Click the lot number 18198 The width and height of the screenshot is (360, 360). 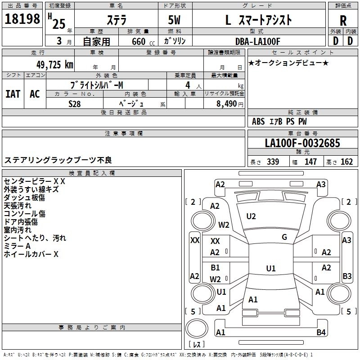pyautogui.click(x=22, y=19)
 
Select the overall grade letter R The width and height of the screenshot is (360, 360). pyautogui.click(x=343, y=20)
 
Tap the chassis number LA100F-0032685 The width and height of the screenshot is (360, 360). pyautogui.click(x=302, y=143)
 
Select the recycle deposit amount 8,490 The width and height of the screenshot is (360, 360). pyautogui.click(x=224, y=103)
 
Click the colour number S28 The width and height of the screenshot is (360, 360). pyautogui.click(x=75, y=103)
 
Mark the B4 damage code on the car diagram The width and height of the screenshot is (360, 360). pyautogui.click(x=320, y=333)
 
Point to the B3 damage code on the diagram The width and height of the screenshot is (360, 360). pyautogui.click(x=347, y=276)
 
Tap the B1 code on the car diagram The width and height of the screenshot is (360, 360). pyautogui.click(x=216, y=267)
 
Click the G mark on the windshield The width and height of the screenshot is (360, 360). pyautogui.click(x=284, y=237)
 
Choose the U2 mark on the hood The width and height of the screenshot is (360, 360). pyautogui.click(x=251, y=216)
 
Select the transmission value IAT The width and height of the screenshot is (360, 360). pyautogui.click(x=13, y=94)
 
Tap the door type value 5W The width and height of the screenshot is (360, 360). pyautogui.click(x=175, y=20)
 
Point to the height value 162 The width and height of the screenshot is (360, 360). pyautogui.click(x=346, y=162)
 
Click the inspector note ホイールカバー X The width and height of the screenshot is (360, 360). pyautogui.click(x=31, y=254)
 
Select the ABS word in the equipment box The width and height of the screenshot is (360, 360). pyautogui.click(x=258, y=121)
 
